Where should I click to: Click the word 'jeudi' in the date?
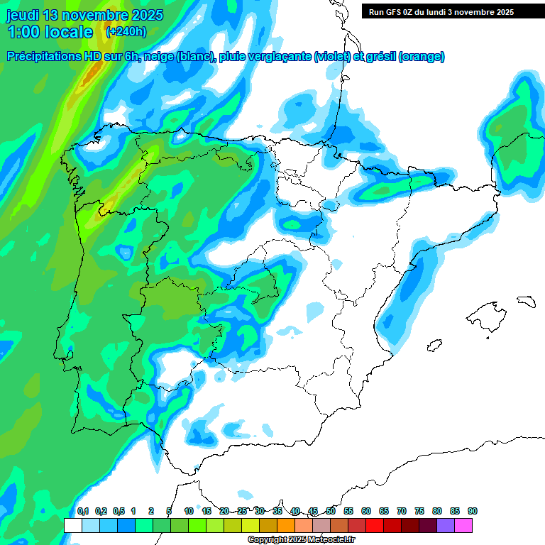(23, 15)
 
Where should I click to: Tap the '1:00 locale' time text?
(50, 32)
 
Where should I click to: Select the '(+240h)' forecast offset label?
(126, 32)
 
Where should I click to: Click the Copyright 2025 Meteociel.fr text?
(301, 540)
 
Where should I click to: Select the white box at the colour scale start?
(72, 525)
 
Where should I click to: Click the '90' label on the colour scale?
(473, 511)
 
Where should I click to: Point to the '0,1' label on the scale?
(82, 511)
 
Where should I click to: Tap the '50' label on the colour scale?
(331, 511)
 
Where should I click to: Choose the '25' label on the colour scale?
(242, 511)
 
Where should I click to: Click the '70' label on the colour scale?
(402, 511)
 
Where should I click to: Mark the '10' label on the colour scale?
(189, 511)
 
